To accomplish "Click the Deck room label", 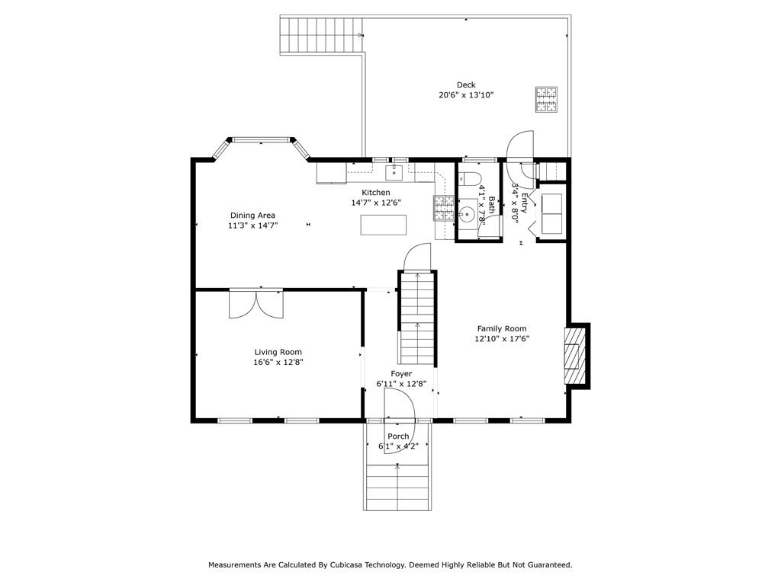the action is pyautogui.click(x=466, y=85).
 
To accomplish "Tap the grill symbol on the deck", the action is pyautogui.click(x=546, y=100).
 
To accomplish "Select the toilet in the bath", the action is pyautogui.click(x=469, y=178).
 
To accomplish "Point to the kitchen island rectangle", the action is pyautogui.click(x=384, y=225).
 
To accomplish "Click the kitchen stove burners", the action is pyautogui.click(x=444, y=209).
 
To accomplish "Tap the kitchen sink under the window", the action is pyautogui.click(x=394, y=173).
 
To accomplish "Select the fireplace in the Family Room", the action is pyautogui.click(x=577, y=356).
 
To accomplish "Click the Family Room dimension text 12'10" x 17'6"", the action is pyautogui.click(x=502, y=339).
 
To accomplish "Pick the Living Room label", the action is pyautogui.click(x=278, y=352).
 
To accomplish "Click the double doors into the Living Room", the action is pyautogui.click(x=256, y=303).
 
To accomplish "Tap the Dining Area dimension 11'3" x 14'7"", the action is pyautogui.click(x=252, y=225).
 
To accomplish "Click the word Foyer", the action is pyautogui.click(x=401, y=373).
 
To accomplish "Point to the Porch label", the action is pyautogui.click(x=398, y=436).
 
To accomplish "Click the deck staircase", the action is pyautogui.click(x=321, y=35).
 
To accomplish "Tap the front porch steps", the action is pyautogui.click(x=397, y=487).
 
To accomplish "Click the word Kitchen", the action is pyautogui.click(x=375, y=193).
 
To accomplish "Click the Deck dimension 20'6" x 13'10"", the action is pyautogui.click(x=466, y=95).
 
